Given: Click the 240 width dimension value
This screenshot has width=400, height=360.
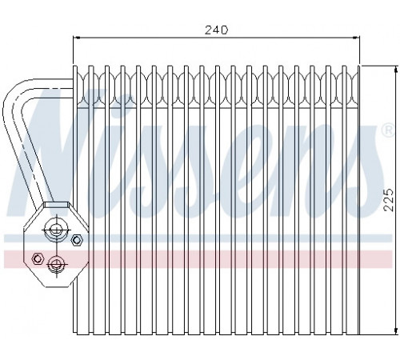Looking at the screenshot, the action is [x=216, y=30].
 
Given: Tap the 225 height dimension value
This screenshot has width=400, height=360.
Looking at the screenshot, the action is [x=389, y=200].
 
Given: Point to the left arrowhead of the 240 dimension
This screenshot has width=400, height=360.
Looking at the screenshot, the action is [x=76, y=38].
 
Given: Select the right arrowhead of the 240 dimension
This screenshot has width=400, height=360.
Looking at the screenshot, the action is [x=357, y=38].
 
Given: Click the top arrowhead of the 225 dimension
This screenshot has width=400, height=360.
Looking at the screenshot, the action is [x=395, y=69].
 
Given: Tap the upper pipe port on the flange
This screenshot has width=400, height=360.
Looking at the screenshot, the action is [x=56, y=230].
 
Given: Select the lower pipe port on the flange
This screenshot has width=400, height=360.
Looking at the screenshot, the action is [x=57, y=264].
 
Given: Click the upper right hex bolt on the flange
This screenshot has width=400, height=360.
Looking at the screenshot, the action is [x=76, y=240].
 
